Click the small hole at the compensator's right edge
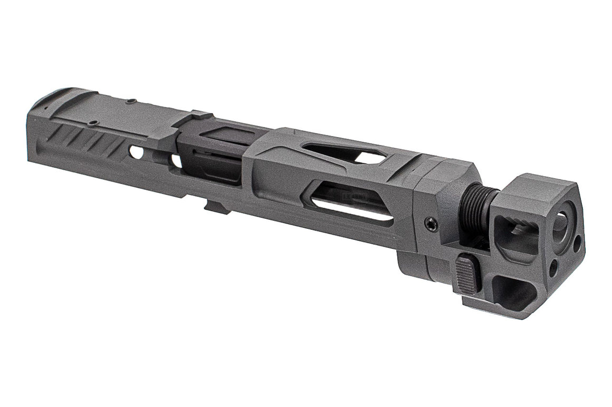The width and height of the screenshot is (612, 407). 577,244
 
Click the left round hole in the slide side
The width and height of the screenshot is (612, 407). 136,153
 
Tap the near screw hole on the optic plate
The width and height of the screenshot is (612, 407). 93,123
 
